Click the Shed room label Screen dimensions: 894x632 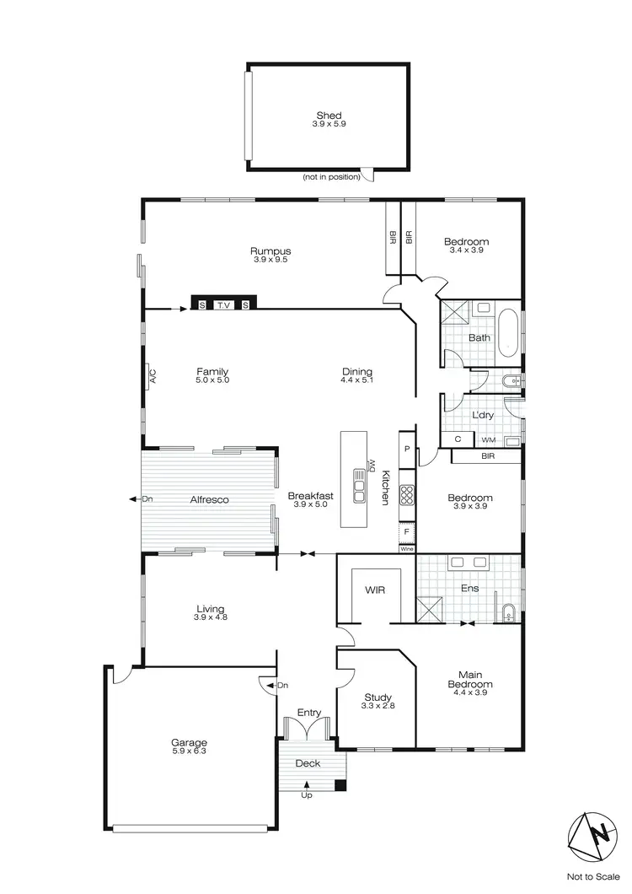click(x=329, y=116)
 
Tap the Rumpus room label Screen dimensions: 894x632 click(x=270, y=251)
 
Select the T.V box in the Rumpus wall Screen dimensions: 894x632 click(x=223, y=304)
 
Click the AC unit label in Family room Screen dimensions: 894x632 click(x=153, y=377)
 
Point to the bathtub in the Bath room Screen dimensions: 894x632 click(x=507, y=333)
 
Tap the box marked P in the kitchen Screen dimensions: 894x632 click(x=407, y=450)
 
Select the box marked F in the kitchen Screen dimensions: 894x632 click(x=407, y=531)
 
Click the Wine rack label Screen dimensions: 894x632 click(x=407, y=549)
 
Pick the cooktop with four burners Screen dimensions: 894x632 click(x=406, y=494)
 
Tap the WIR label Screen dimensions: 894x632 click(x=375, y=590)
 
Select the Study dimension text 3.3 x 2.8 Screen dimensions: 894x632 click(x=378, y=706)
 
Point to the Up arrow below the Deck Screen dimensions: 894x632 click(x=306, y=787)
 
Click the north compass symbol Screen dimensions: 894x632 click(x=591, y=836)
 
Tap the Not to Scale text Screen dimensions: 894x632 click(x=591, y=876)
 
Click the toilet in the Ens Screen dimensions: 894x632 click(x=508, y=613)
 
